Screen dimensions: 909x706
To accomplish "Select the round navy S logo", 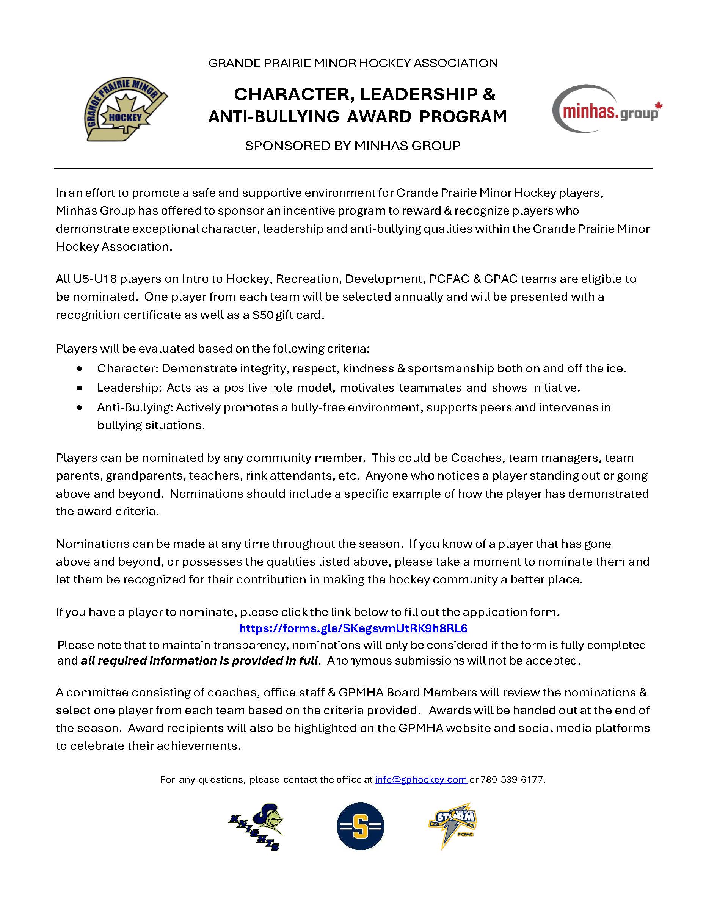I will [360, 826].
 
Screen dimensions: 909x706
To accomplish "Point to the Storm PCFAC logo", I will [453, 825].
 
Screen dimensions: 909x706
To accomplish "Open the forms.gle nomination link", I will [353, 628].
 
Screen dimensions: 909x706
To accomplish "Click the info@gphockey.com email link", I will [420, 780].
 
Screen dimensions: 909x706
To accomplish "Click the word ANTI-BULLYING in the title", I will [273, 117].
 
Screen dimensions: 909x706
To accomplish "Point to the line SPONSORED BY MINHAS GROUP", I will [353, 146].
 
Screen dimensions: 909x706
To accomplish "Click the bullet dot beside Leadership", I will [80, 388].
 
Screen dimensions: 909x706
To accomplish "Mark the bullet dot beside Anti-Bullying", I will [80, 407].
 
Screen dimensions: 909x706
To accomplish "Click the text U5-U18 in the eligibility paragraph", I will [95, 279].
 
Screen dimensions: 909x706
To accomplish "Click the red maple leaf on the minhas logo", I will [659, 106].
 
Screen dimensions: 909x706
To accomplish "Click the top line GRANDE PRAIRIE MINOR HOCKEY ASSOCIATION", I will [353, 63].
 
